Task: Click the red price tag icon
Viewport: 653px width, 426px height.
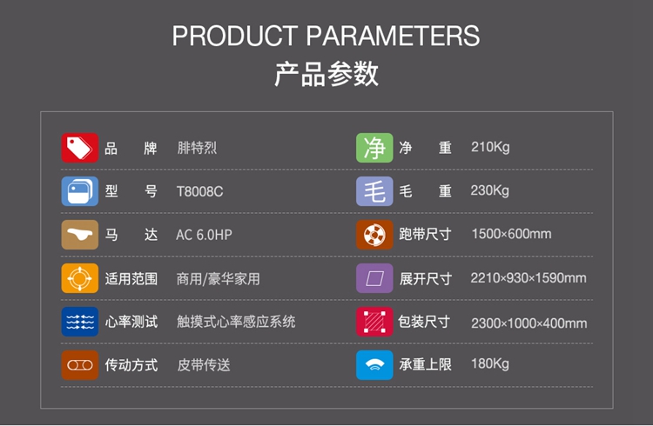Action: [80, 148]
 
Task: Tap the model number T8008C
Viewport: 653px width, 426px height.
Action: [200, 191]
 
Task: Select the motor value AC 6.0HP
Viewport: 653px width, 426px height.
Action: [204, 235]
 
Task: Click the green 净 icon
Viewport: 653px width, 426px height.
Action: [374, 148]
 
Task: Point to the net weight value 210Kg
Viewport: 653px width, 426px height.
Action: [490, 147]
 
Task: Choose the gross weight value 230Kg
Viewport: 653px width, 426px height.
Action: [489, 190]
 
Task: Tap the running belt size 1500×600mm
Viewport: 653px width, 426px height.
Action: [511, 234]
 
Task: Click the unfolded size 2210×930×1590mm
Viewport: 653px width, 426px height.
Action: [528, 278]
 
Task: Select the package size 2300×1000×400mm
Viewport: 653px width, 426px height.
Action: [528, 323]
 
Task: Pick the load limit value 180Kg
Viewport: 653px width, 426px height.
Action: [490, 364]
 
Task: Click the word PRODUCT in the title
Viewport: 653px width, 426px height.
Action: [235, 36]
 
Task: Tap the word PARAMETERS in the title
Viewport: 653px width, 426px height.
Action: [394, 36]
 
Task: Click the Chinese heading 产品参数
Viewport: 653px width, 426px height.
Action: [326, 74]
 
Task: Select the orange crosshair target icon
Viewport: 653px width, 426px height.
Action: [80, 278]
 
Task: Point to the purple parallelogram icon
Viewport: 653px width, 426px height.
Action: [374, 278]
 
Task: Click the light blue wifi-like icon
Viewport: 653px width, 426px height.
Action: [374, 365]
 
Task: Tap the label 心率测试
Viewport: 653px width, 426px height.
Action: [131, 322]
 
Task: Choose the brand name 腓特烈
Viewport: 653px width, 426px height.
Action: [197, 148]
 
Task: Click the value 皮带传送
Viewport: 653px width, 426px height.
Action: [204, 365]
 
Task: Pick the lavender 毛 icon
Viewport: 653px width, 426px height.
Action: [374, 191]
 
